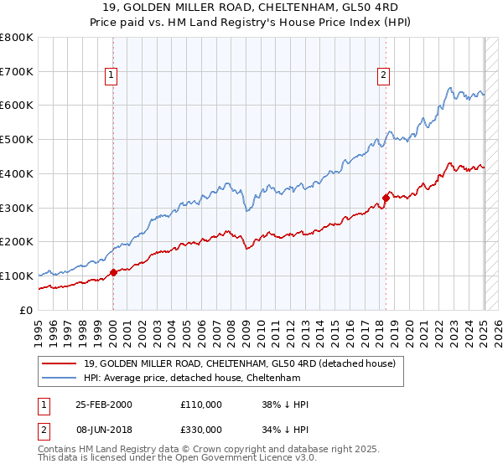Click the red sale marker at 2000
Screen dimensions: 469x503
tap(113, 272)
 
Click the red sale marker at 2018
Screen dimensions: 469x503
tap(386, 198)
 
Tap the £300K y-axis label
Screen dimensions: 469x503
tap(18, 208)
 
